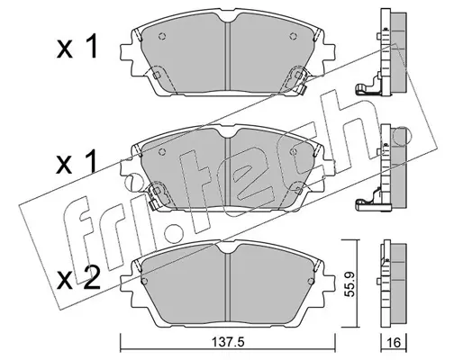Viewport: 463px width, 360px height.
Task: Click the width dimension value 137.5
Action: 229,342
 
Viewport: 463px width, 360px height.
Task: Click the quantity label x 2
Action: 78,279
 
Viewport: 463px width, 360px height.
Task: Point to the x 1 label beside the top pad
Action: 77,46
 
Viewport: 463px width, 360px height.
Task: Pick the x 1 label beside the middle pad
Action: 77,162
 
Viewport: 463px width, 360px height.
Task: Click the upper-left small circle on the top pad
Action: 162,36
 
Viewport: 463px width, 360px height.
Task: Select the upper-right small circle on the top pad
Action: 293,36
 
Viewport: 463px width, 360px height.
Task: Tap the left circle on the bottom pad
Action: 144,281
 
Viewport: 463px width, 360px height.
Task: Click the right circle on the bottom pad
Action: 311,281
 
